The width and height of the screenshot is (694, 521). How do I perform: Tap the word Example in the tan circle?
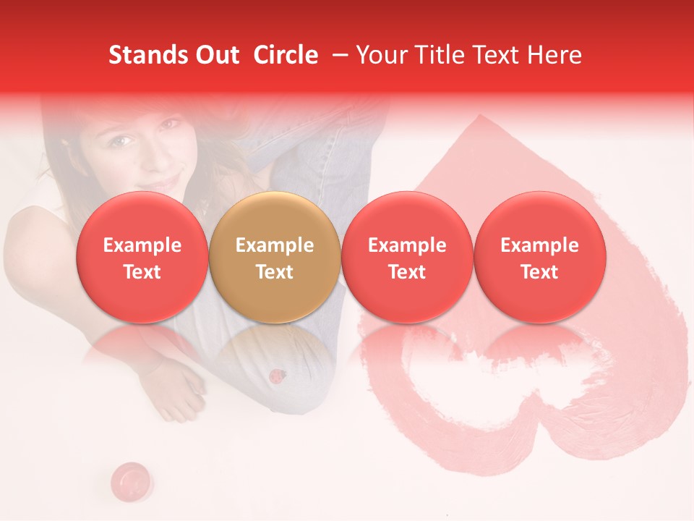pyautogui.click(x=274, y=245)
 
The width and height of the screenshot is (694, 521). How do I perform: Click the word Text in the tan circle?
pyautogui.click(x=274, y=272)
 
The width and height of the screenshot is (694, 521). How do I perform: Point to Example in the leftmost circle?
pyautogui.click(x=142, y=245)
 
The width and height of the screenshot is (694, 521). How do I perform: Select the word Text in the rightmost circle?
pyautogui.click(x=539, y=272)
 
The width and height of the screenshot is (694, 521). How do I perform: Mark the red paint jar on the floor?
pyautogui.click(x=131, y=478)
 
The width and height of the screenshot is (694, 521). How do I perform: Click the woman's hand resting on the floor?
pyautogui.click(x=181, y=387)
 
